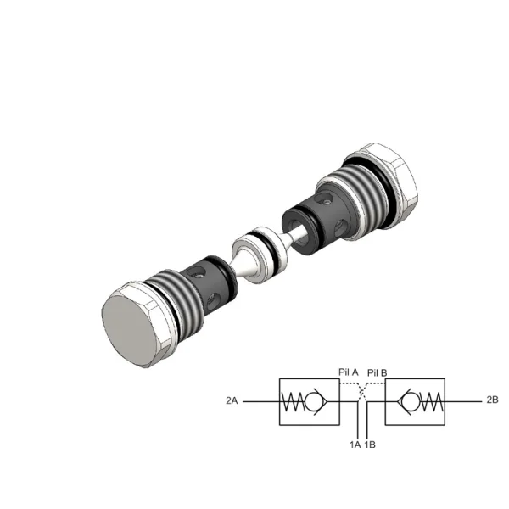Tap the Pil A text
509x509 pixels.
click(x=349, y=372)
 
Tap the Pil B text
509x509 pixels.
click(x=378, y=372)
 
